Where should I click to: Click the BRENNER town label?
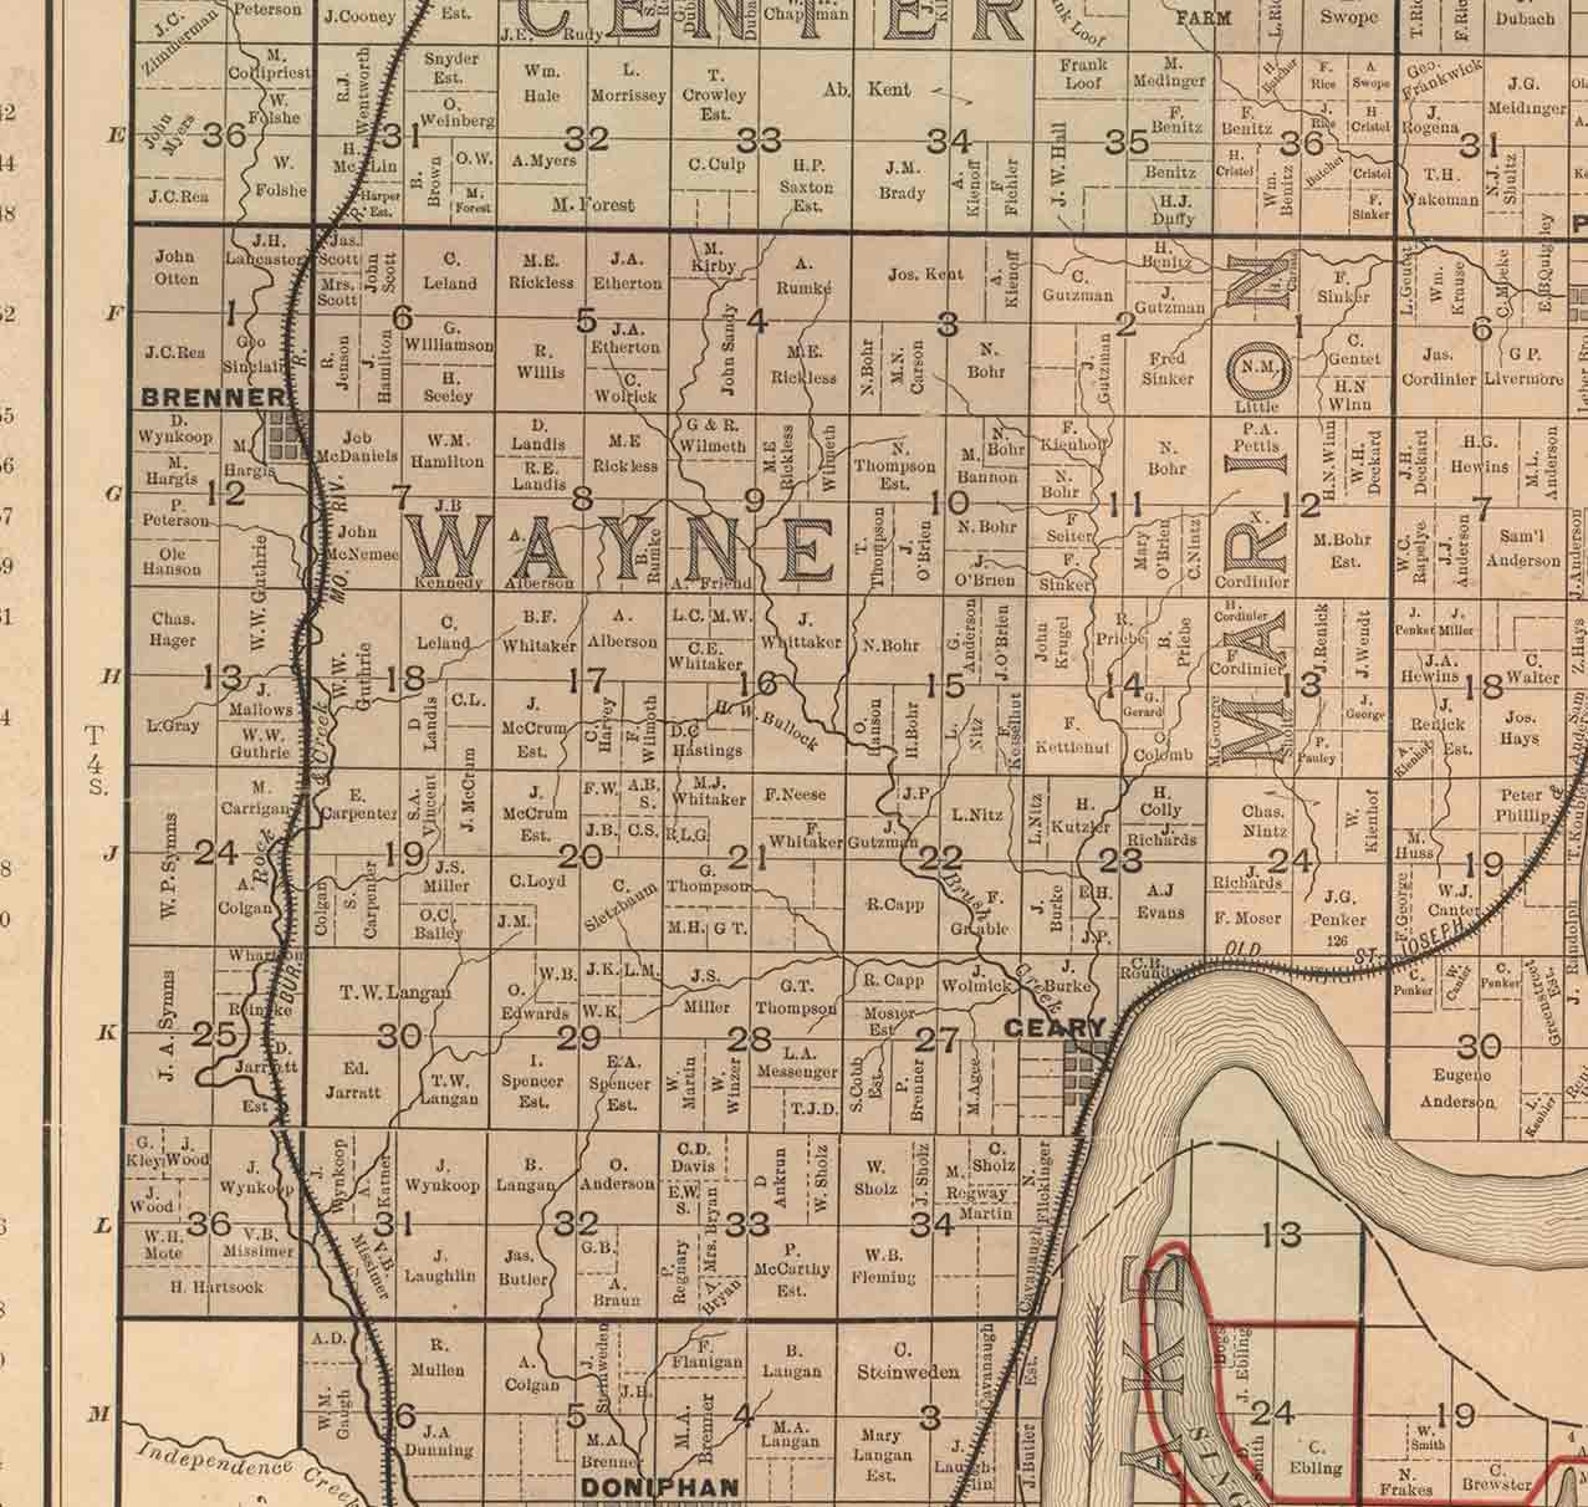click(x=213, y=397)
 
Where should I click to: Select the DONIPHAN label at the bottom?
click(x=659, y=1487)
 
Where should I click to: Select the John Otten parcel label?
click(x=176, y=267)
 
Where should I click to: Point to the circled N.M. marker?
click(x=1260, y=367)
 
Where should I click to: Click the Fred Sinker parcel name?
click(x=1168, y=368)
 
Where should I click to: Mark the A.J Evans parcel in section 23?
click(x=1161, y=900)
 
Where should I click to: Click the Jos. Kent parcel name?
click(x=925, y=274)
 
